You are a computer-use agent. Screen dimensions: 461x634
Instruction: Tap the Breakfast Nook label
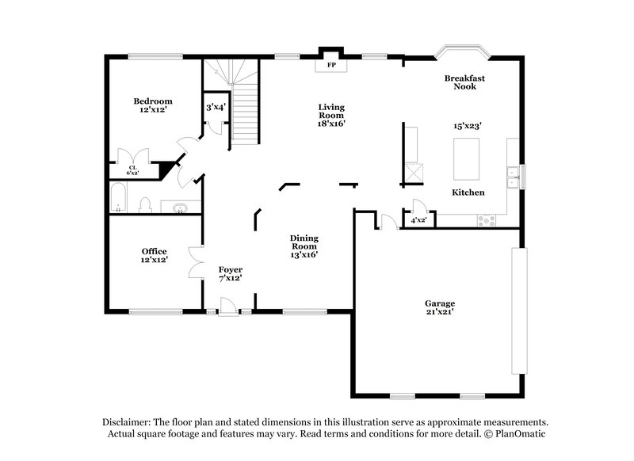pos(464,82)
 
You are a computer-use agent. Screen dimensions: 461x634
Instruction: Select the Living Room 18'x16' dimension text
pos(331,124)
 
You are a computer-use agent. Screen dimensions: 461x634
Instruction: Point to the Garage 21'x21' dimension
pos(439,312)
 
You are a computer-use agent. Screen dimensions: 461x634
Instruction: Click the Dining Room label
pos(304,242)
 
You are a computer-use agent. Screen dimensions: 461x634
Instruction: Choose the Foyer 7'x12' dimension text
pos(230,278)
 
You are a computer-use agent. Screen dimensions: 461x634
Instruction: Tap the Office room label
pos(155,252)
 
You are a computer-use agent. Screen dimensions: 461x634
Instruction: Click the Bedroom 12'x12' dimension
pos(153,110)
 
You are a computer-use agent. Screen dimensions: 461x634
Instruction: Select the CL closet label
pos(132,166)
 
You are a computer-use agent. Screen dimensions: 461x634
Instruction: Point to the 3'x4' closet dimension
pos(216,107)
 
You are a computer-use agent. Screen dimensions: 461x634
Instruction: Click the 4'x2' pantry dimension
pos(418,220)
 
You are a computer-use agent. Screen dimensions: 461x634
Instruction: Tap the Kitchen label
pos(468,192)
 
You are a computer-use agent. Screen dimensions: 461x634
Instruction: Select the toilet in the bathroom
pos(145,205)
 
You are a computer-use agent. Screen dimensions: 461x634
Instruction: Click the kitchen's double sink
pos(514,176)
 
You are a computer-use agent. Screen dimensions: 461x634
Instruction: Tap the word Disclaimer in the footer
pos(128,422)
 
